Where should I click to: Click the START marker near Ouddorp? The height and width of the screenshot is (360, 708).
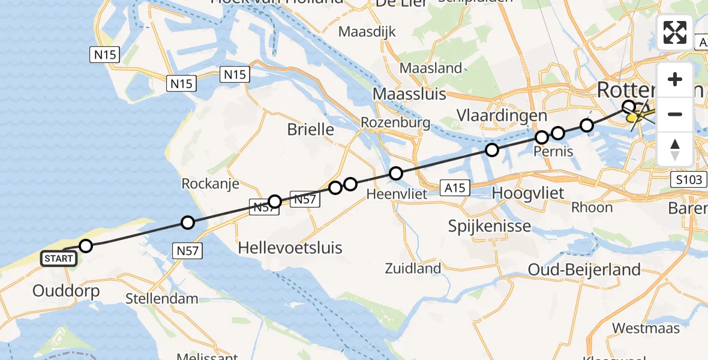coord(59,259)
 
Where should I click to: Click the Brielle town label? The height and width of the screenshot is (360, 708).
coord(310,129)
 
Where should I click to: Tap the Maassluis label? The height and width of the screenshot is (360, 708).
coord(410,94)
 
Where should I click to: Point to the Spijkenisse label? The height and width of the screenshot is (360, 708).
coord(490,226)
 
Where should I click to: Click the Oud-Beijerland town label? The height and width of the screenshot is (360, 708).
coord(584,270)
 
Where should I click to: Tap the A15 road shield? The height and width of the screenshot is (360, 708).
coord(455,188)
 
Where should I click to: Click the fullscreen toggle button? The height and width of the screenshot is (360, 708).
coord(675,32)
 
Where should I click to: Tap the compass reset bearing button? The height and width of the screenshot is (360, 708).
coord(675,149)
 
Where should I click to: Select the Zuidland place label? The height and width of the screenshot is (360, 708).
coord(413,268)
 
